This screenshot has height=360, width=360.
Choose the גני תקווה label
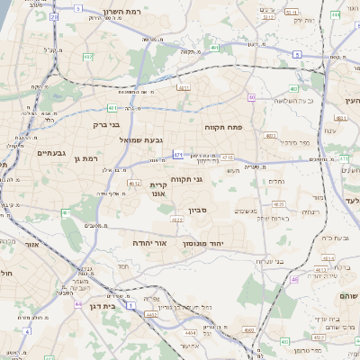click(x=185, y=179)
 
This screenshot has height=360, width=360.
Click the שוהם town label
click(x=349, y=295)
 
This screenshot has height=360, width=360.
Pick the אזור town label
click(x=33, y=243)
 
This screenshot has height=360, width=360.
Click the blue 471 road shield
click(x=178, y=155)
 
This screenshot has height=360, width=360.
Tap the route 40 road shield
click(x=252, y=97)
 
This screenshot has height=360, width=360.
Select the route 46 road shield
click(x=293, y=280)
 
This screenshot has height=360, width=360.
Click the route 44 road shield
click(x=78, y=304)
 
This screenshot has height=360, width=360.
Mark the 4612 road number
click(x=134, y=183)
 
